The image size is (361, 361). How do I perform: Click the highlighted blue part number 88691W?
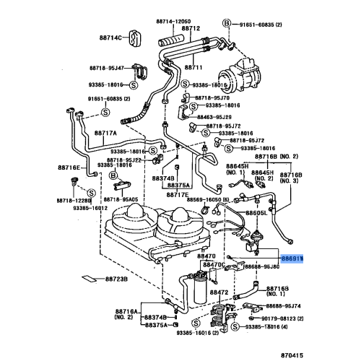(292, 258)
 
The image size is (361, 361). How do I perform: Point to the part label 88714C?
(105, 36)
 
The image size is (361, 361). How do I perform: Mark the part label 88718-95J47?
(108, 69)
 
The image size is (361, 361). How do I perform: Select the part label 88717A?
(105, 132)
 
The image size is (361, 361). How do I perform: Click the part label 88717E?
(177, 193)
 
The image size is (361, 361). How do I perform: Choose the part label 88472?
(219, 292)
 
